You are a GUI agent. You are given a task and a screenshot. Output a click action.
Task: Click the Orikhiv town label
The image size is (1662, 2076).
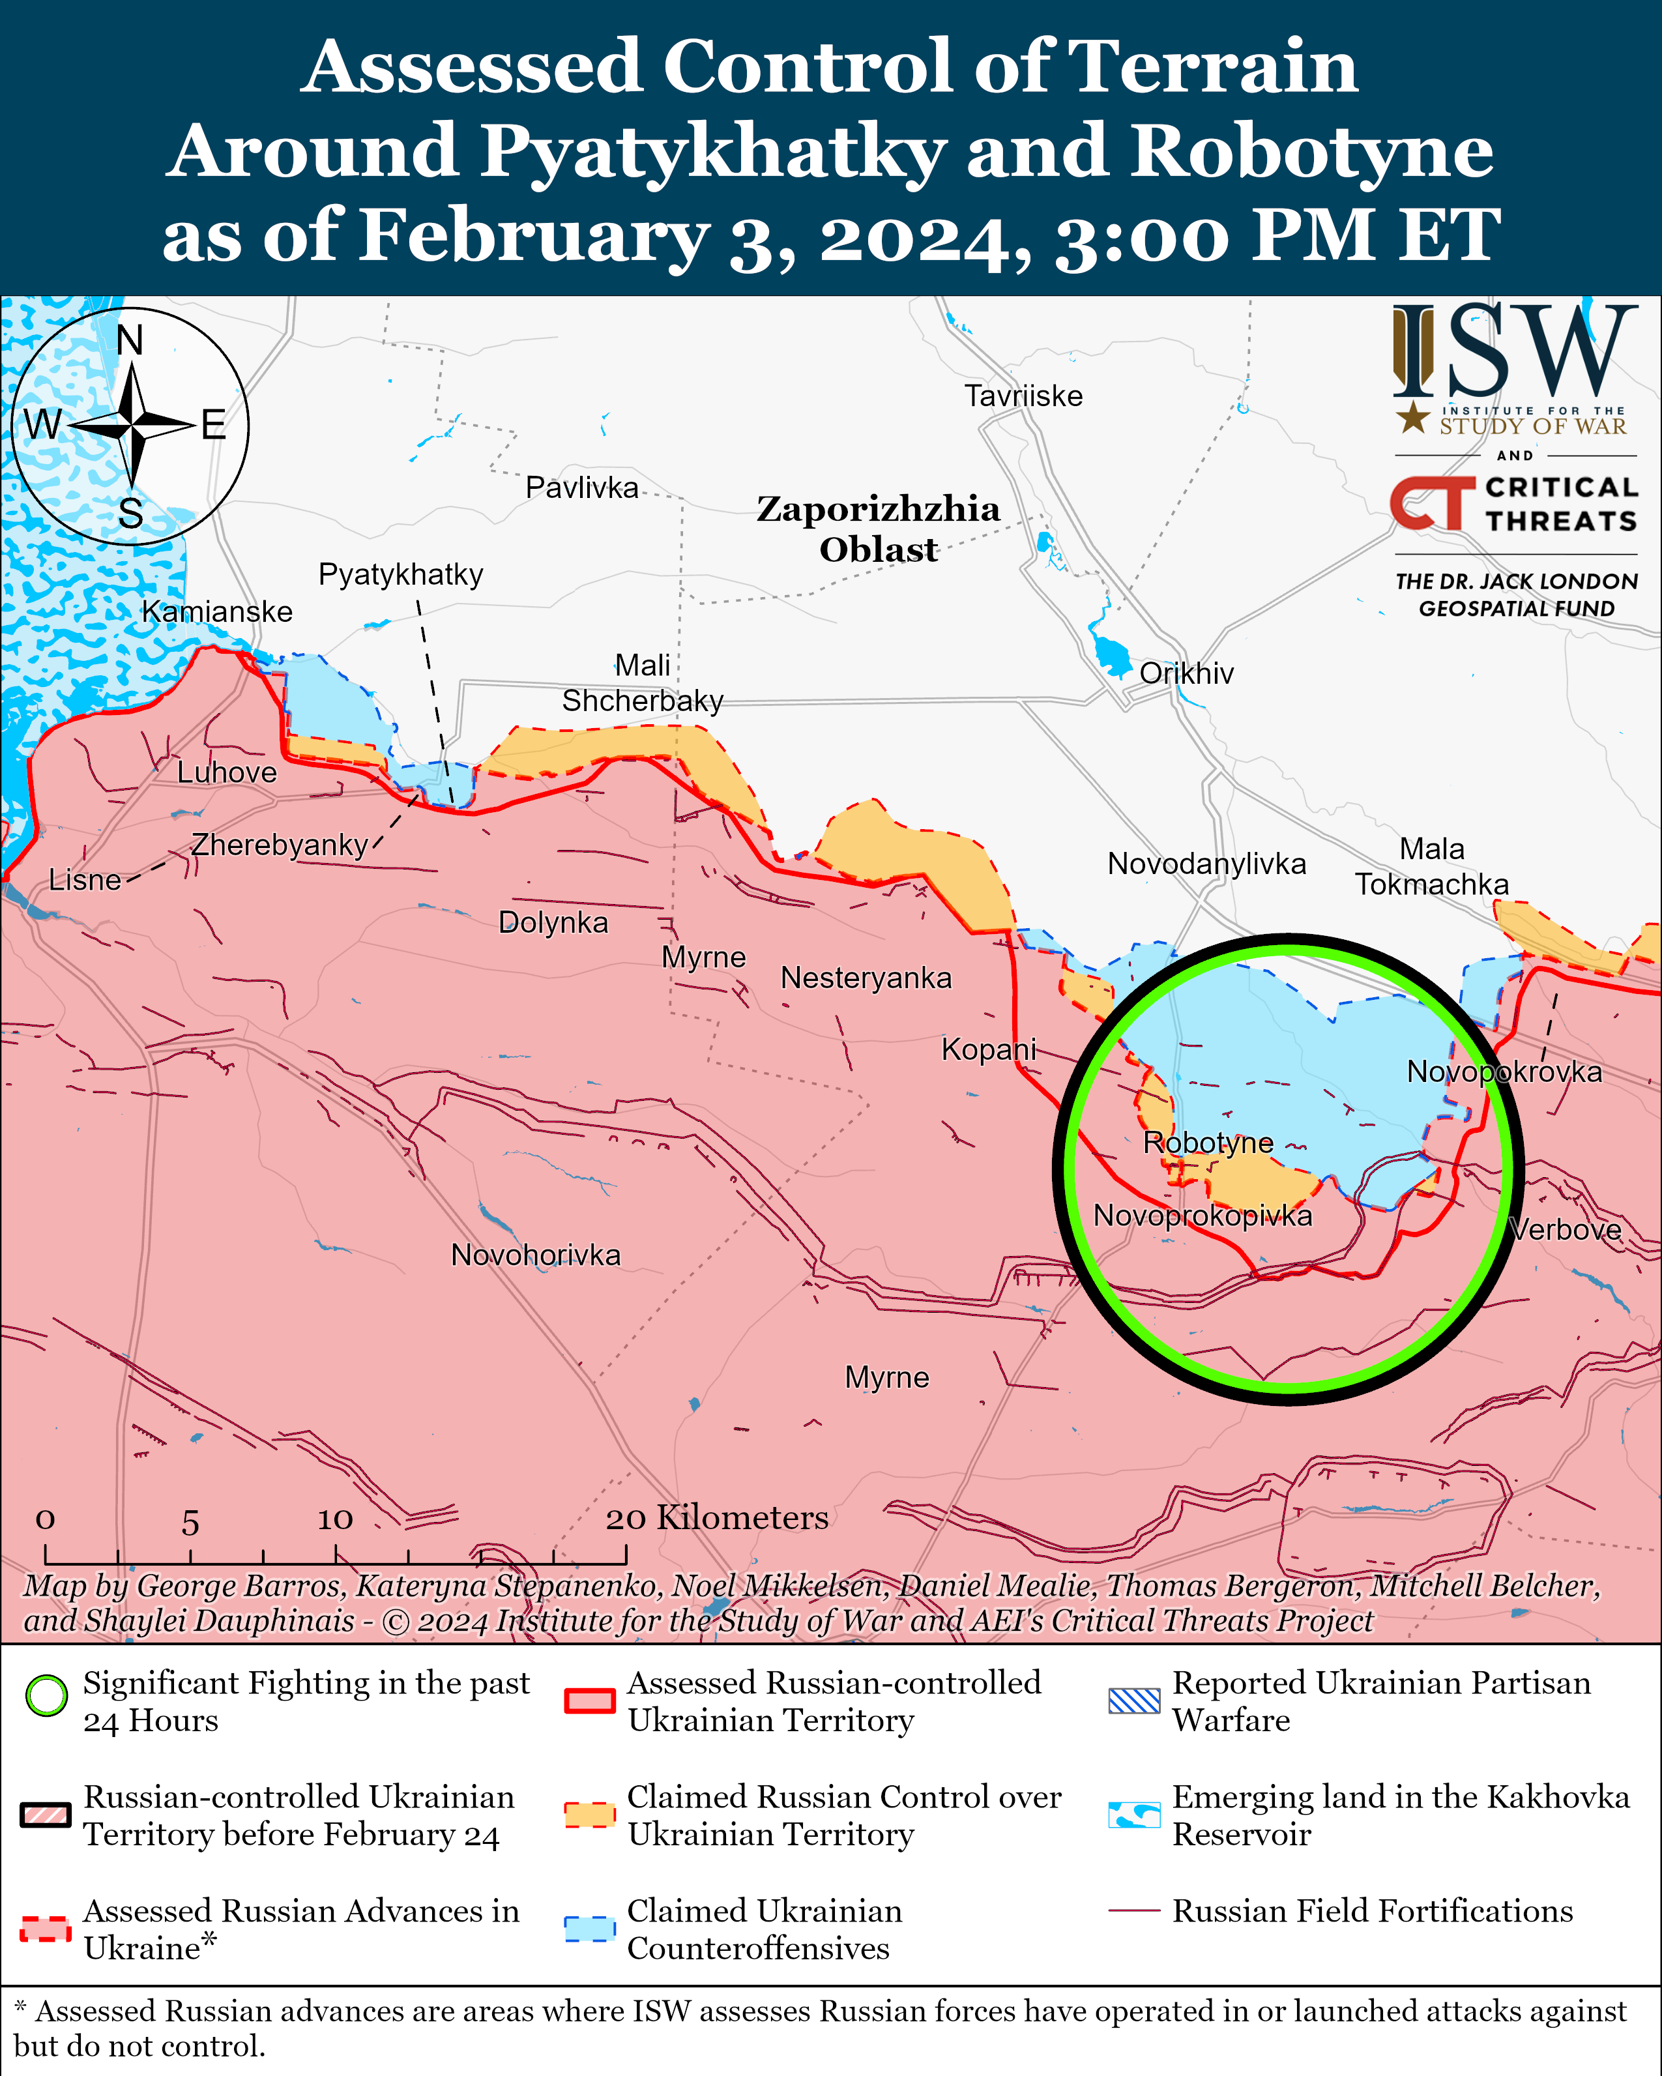[x=1186, y=673]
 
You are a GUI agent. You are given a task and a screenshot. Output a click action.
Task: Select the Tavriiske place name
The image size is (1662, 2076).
[x=1023, y=396]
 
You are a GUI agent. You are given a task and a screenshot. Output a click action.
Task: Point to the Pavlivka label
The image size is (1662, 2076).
[x=581, y=488]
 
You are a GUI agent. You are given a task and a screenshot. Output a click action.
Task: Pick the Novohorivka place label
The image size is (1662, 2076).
[x=535, y=1255]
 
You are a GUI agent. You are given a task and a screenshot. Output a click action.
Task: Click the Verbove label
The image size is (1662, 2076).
[x=1566, y=1229]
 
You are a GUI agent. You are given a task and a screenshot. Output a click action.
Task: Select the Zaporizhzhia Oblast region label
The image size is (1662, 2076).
[x=878, y=529]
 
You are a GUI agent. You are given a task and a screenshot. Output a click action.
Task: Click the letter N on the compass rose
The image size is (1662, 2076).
[x=130, y=340]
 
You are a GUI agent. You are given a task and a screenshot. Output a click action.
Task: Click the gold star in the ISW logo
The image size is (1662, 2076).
[x=1412, y=417]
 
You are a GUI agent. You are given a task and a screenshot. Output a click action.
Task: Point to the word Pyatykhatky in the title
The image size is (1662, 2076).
[x=712, y=152]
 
